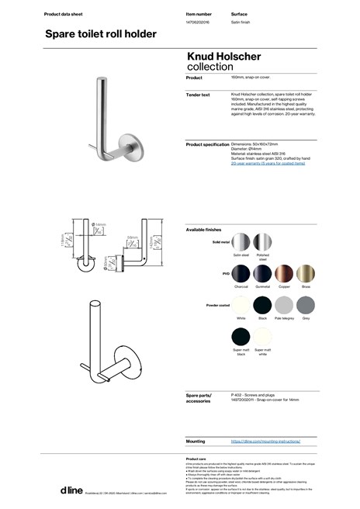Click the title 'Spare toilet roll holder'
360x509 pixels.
[x=101, y=34]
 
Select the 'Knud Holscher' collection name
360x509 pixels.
[x=224, y=57]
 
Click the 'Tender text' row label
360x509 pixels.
[x=199, y=95]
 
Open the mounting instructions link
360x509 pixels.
[x=265, y=440]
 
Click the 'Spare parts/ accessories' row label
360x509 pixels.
[x=199, y=399]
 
